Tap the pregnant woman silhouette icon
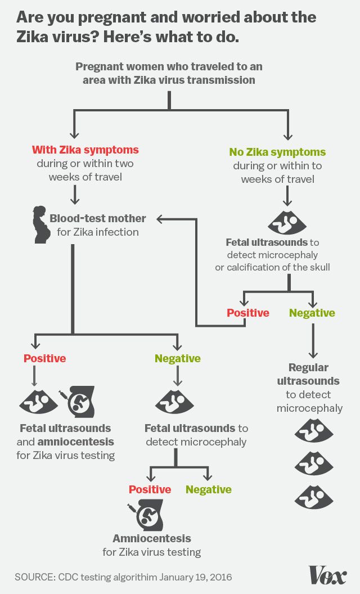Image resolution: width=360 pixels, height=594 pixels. (x=40, y=224)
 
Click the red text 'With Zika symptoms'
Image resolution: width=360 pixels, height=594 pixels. (x=85, y=150)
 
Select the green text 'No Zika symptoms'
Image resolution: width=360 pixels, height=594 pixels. (x=277, y=152)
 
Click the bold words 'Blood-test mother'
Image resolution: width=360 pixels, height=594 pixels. (x=98, y=218)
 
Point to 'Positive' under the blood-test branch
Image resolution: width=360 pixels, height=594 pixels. (x=44, y=358)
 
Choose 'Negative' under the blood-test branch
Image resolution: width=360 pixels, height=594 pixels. (x=178, y=358)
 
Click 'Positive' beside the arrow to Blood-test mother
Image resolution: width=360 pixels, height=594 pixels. (x=247, y=313)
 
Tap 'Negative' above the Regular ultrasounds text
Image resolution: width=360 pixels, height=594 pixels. (x=312, y=313)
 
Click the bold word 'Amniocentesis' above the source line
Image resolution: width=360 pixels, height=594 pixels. (x=152, y=538)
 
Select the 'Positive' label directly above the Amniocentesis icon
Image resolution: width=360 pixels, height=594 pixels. (x=150, y=489)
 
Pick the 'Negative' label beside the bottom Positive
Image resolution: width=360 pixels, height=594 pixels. (x=209, y=489)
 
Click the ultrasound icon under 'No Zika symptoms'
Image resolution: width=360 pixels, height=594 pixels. (x=287, y=223)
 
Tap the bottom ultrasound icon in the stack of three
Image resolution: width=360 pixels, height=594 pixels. (x=314, y=497)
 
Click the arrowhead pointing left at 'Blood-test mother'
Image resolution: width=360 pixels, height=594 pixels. (x=160, y=218)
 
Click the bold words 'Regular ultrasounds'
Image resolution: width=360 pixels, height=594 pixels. (x=308, y=374)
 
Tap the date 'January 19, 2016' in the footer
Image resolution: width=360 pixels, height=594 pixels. (x=195, y=577)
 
